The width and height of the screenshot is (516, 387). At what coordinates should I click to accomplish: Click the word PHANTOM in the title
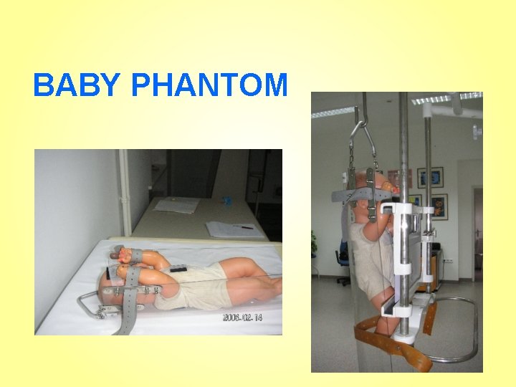pyautogui.click(x=210, y=87)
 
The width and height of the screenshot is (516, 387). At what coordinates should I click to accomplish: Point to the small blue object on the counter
pyautogui.click(x=229, y=201)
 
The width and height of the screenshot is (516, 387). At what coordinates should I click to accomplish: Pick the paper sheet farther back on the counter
pyautogui.click(x=177, y=206)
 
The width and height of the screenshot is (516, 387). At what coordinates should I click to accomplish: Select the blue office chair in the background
pyautogui.click(x=342, y=255)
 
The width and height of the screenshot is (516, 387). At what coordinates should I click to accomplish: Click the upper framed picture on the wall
pyautogui.click(x=430, y=177)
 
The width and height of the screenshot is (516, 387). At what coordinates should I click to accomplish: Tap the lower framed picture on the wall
pyautogui.click(x=438, y=206)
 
